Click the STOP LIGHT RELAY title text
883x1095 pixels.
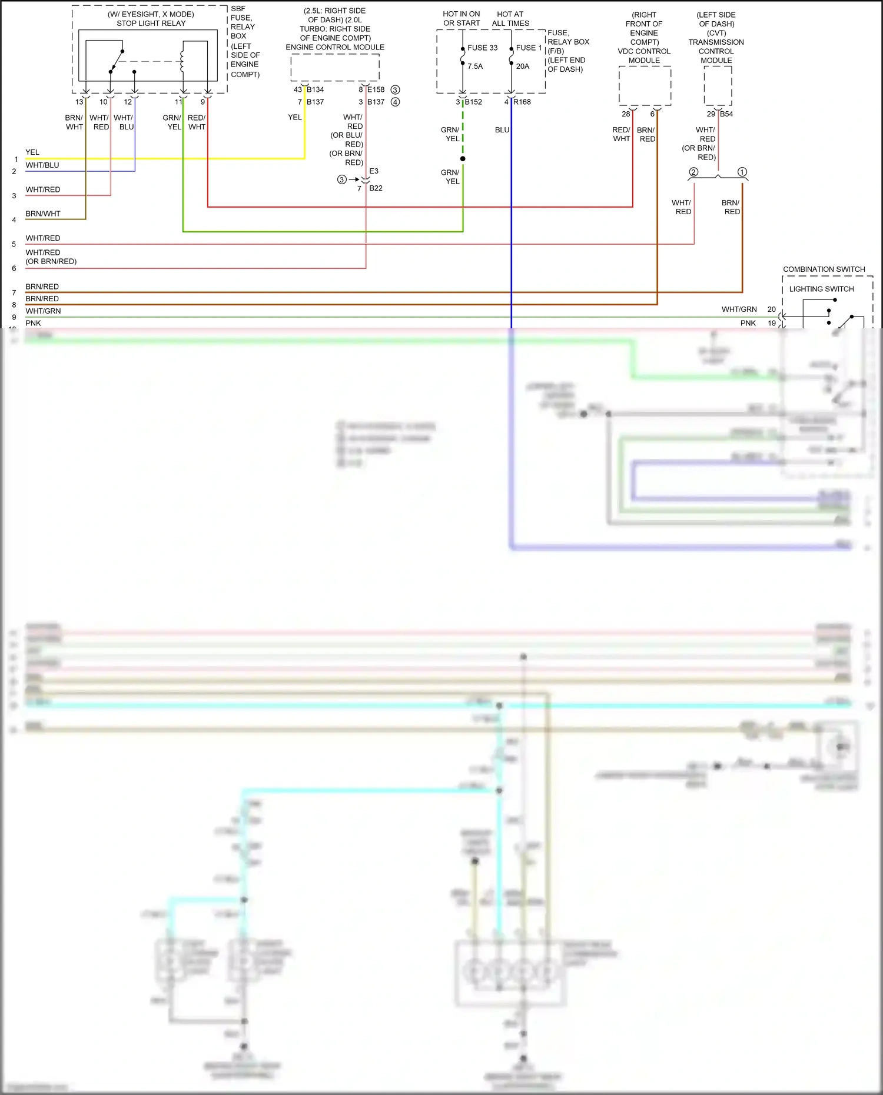151,24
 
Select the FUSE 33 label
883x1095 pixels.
482,48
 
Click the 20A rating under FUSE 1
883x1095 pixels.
522,66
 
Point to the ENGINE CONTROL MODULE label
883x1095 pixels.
335,47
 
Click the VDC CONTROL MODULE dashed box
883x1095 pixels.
645,86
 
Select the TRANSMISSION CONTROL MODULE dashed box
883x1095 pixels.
718,86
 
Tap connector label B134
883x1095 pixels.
315,89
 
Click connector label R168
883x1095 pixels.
522,102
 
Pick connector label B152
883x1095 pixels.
473,102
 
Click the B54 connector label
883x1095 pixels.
726,114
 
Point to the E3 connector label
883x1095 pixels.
374,171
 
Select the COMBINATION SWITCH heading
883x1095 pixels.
824,269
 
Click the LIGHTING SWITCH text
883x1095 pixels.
821,289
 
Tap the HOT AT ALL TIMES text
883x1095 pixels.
510,19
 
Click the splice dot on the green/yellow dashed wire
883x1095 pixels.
463,159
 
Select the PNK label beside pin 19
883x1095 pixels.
748,323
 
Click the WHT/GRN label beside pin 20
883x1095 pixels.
739,309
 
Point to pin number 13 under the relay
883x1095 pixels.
79,102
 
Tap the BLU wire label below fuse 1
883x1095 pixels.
502,130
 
